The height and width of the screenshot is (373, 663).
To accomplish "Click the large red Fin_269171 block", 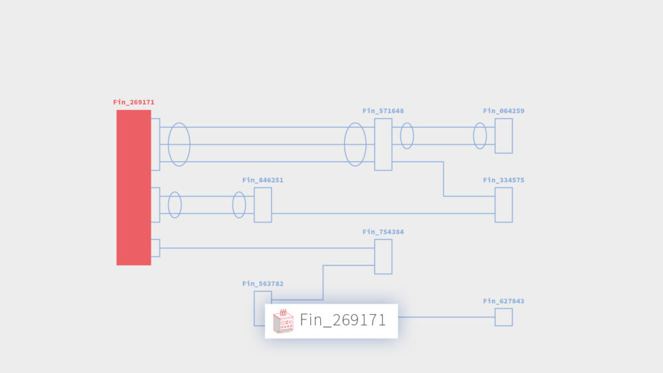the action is [134, 187].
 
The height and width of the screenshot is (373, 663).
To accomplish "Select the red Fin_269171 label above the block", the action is [134, 102].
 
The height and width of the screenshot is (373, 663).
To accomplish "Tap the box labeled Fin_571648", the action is [383, 144].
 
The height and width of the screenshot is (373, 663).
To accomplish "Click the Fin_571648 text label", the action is [383, 111].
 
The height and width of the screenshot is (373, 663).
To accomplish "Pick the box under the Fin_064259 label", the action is [504, 136].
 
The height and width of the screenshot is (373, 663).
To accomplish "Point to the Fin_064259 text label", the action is [504, 111].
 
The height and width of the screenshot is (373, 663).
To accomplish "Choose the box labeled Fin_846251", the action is [263, 205].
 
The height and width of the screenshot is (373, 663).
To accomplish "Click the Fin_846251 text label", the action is [263, 180].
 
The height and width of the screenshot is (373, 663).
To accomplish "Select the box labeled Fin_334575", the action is [504, 205].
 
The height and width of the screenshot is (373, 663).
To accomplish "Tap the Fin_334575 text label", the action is [504, 180].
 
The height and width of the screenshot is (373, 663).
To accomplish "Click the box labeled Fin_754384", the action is [383, 257].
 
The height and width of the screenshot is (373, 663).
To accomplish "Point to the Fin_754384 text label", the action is [383, 232].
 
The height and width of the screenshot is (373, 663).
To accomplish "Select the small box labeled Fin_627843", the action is [504, 317].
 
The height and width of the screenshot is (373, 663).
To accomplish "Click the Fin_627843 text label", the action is [504, 301].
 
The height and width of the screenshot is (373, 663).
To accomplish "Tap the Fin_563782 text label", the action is [263, 284].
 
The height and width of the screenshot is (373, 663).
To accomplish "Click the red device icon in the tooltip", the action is [283, 321].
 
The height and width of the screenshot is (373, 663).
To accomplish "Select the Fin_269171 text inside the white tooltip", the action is [343, 320].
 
